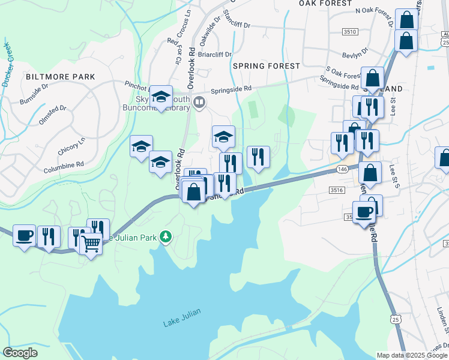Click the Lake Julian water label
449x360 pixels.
click(179, 323)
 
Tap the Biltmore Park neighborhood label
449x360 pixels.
click(60, 77)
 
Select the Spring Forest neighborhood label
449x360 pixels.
click(266, 65)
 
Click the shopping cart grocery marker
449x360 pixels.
click(91, 244)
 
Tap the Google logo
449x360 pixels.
click(20, 352)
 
